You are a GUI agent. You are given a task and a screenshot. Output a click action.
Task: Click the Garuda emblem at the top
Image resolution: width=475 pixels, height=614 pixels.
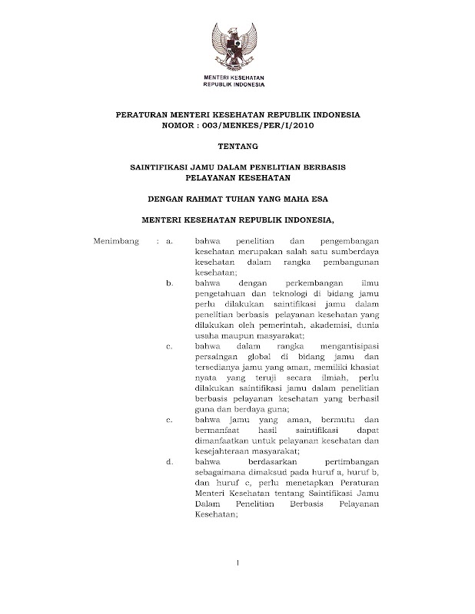[x=237, y=45]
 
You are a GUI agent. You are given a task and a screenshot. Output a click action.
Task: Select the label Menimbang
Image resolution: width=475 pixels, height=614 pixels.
[x=115, y=242]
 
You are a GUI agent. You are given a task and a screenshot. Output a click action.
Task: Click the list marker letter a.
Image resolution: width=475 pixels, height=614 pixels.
[x=170, y=242]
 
